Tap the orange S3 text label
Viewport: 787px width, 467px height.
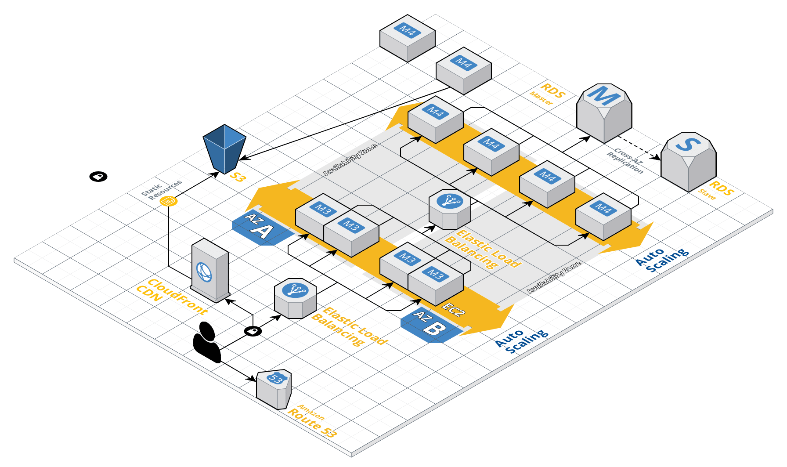(238, 177)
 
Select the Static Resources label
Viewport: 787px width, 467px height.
(161, 190)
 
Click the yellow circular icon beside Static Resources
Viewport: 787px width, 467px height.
(169, 201)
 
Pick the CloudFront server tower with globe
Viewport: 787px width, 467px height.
(210, 270)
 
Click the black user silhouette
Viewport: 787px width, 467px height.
(207, 342)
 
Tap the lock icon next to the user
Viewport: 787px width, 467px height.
(253, 331)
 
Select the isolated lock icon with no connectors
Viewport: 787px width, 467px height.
(98, 177)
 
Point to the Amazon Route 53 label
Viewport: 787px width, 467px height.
(312, 421)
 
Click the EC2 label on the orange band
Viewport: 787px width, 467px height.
(453, 309)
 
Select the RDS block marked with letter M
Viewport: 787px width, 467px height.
(604, 112)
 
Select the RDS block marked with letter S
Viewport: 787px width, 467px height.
(688, 161)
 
